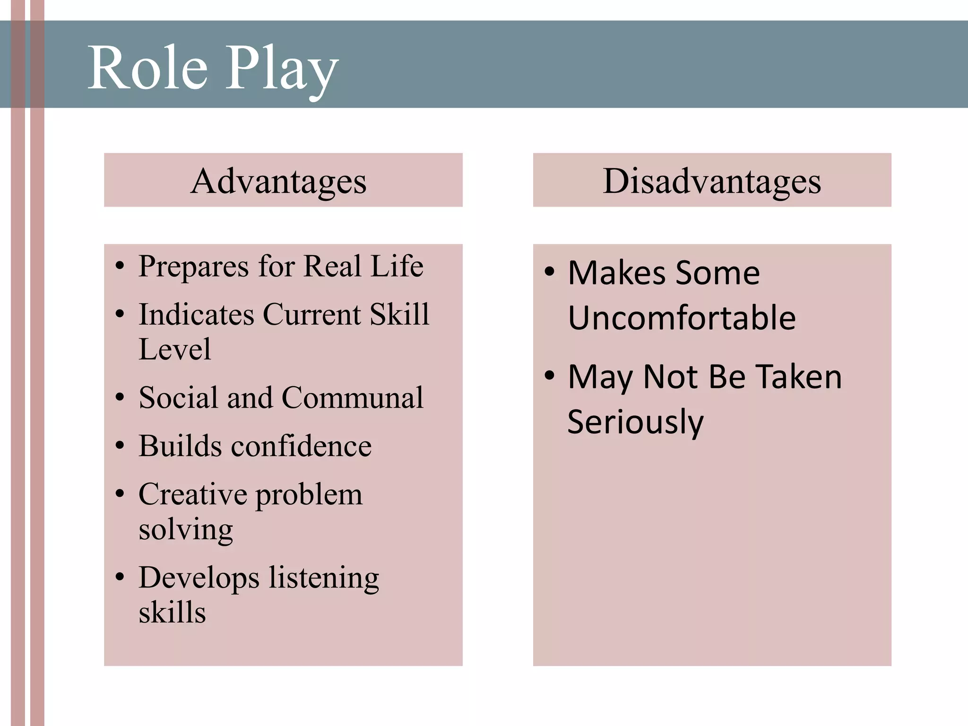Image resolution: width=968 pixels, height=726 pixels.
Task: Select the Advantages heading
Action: coord(278,181)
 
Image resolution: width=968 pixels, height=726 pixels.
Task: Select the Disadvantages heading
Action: coord(712,181)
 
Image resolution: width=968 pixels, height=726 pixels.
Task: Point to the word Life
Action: coord(397,266)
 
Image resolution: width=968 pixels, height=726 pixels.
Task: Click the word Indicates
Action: coord(196,314)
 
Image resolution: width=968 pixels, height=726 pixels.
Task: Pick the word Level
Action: coord(174,349)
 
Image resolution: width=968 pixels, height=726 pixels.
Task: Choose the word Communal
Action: coord(353,398)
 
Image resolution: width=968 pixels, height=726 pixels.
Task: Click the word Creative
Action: coord(193,494)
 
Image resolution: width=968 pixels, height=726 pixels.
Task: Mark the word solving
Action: coord(186,530)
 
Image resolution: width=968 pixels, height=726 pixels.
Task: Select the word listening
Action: coord(324,579)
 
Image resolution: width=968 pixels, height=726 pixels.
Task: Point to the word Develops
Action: coord(199,579)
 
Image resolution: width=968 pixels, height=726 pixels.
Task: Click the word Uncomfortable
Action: coord(682,318)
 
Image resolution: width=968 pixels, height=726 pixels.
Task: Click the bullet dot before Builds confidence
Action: coord(120,446)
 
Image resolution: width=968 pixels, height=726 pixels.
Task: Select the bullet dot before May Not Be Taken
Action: coord(549,376)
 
